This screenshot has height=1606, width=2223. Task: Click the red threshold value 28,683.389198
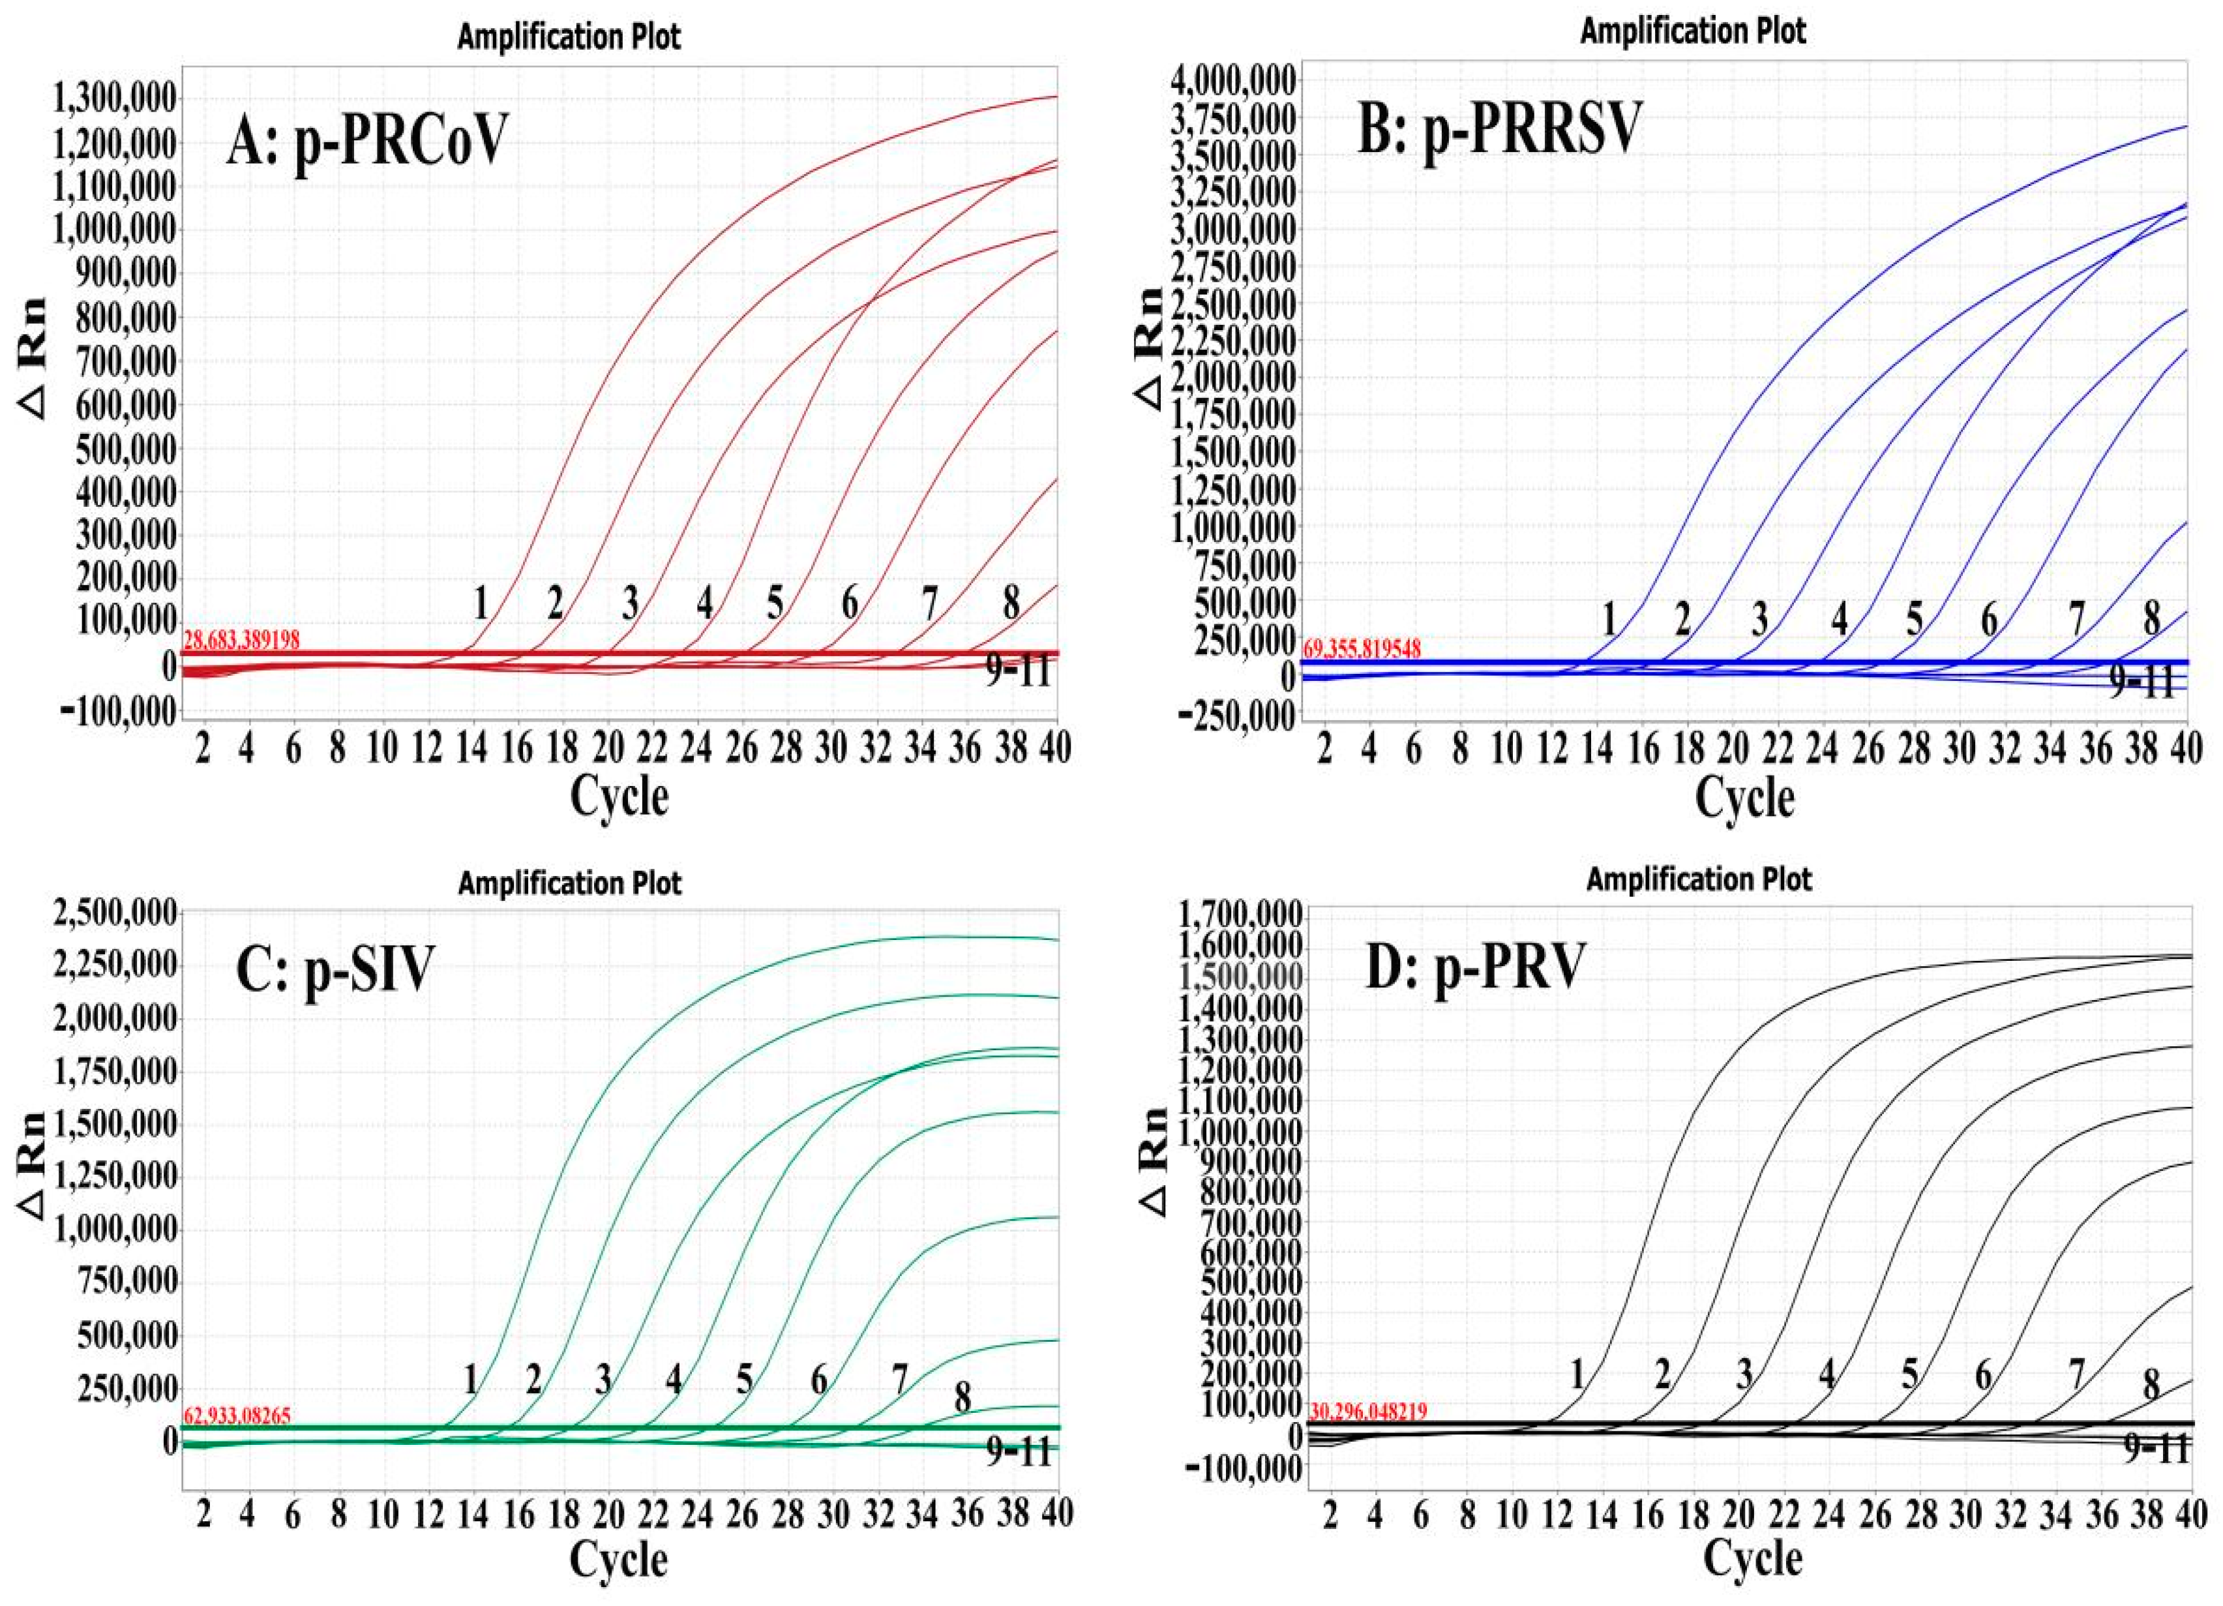[241, 639]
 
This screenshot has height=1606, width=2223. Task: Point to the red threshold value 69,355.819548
[1362, 648]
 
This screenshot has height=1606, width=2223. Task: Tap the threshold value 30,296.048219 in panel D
[1367, 1411]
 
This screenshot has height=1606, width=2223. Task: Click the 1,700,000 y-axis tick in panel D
[1242, 916]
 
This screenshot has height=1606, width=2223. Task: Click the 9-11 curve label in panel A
[1017, 673]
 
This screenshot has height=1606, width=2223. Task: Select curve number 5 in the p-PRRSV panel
[1915, 618]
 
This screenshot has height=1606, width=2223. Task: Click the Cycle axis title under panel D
[1753, 1558]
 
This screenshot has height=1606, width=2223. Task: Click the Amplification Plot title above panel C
[569, 883]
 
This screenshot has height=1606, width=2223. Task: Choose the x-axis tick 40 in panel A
[1056, 749]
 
